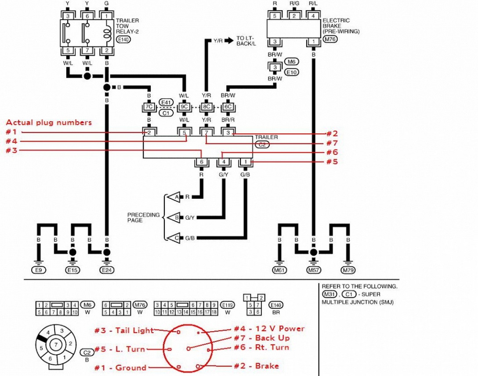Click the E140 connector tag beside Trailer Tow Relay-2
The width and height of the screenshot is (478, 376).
click(123, 39)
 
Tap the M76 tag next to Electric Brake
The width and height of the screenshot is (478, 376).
click(330, 39)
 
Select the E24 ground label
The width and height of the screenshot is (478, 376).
click(107, 270)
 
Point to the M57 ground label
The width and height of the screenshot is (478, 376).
click(313, 270)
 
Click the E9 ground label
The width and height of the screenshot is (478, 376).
click(39, 270)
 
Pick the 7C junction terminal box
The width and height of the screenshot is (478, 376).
click(149, 107)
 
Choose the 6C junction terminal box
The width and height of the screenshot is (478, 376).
click(228, 107)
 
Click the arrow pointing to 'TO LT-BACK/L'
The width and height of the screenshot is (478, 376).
click(229, 40)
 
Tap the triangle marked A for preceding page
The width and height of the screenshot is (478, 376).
click(174, 197)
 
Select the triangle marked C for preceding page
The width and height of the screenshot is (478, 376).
click(174, 238)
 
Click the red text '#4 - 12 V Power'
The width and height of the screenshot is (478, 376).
click(269, 329)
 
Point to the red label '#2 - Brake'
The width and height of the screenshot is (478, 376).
click(257, 366)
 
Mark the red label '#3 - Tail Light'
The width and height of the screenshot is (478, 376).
click(124, 330)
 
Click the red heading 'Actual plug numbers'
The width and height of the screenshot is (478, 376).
click(49, 122)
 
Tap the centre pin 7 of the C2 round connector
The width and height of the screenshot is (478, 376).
click(56, 345)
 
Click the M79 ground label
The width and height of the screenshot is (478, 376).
click(348, 270)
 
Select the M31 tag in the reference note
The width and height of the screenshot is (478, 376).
click(330, 294)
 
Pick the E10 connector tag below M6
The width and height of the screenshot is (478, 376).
click(292, 72)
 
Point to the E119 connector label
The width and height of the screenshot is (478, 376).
click(228, 305)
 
